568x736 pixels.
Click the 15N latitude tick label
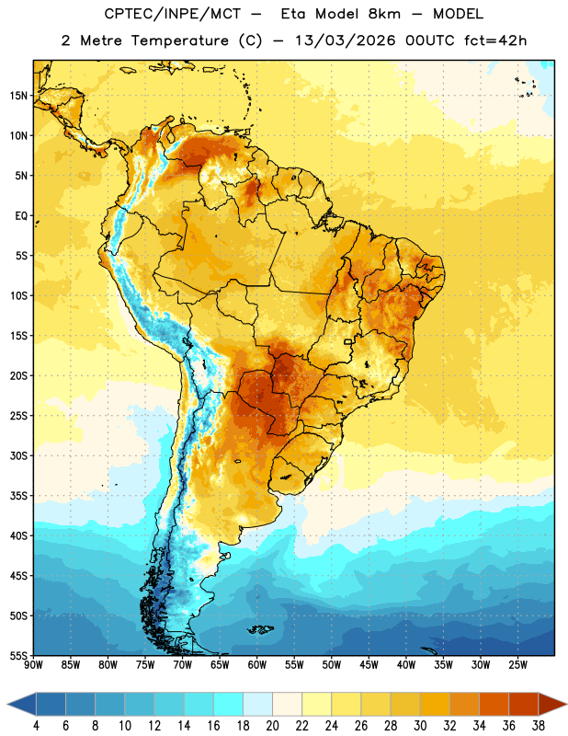(x=18, y=96)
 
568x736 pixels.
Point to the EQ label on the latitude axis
(x=21, y=216)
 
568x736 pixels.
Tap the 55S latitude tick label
(x=18, y=656)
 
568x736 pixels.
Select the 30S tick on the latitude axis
(x=18, y=455)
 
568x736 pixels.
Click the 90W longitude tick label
(x=33, y=665)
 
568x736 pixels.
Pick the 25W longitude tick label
(x=517, y=665)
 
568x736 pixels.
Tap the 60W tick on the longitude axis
(x=257, y=665)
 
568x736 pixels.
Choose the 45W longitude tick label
(x=369, y=665)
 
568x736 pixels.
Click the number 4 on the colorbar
(x=36, y=726)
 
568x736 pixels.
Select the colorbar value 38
(x=539, y=726)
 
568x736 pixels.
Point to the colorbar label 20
(x=272, y=726)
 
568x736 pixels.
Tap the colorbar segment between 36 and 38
(x=524, y=704)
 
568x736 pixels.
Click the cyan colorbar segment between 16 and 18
(x=229, y=704)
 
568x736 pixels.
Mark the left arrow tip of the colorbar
(x=7, y=704)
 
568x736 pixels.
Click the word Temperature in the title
(x=180, y=40)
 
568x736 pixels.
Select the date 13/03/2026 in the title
(x=346, y=40)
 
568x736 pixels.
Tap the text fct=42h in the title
(x=495, y=40)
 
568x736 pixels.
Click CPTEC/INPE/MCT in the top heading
(x=172, y=14)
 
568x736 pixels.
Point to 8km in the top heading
(x=384, y=14)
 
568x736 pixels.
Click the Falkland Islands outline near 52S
(x=260, y=629)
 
